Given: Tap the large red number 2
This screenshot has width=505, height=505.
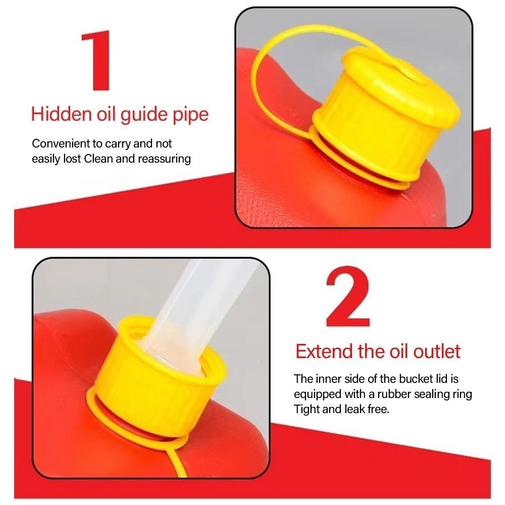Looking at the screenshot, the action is (x=347, y=296).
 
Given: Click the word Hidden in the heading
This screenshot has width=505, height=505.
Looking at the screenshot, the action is (x=61, y=114).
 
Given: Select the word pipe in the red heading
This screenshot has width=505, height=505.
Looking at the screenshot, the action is (x=191, y=115).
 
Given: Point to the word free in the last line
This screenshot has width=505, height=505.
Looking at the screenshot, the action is (x=379, y=409).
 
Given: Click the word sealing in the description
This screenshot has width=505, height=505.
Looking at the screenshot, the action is (x=442, y=394).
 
